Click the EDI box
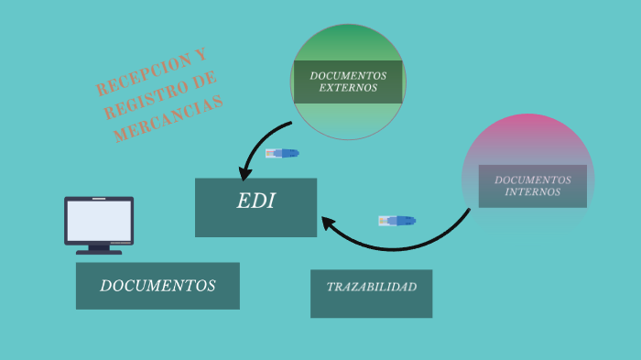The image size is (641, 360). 255,207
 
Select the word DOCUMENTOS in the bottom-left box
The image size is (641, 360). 158,286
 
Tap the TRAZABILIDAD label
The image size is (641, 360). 372,287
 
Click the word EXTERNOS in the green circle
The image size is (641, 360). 348,88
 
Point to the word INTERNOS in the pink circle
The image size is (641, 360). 533,191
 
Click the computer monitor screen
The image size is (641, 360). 99,221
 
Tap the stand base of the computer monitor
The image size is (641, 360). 99,253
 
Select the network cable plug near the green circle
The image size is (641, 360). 282,153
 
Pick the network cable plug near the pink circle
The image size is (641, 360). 397,221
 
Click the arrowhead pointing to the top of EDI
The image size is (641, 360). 244,173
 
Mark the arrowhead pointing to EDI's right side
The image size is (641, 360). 328,223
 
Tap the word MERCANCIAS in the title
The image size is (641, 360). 168,119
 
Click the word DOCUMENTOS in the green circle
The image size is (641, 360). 348,76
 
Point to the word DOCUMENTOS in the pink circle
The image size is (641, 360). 533,180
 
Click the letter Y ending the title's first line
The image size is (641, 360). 201,55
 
